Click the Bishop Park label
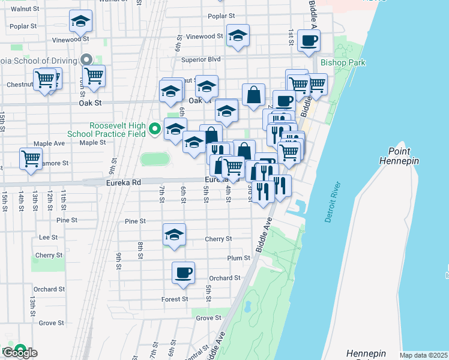click(343, 62)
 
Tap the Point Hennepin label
click(399, 157)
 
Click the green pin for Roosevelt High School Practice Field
click(154, 128)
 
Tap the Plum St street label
click(238, 258)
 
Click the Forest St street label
click(175, 299)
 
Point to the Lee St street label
click(47, 237)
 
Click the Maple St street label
click(92, 142)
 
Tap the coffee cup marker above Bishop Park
click(309, 41)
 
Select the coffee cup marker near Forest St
click(184, 273)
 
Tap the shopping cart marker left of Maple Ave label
click(31, 159)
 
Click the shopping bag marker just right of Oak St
click(254, 94)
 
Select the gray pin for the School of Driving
click(86, 59)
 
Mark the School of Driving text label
click(38, 61)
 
